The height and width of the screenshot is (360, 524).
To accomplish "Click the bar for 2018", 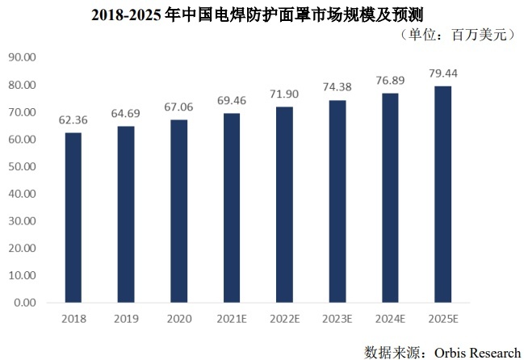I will tap(73, 218).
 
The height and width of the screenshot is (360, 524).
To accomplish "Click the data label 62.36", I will tap(73, 120).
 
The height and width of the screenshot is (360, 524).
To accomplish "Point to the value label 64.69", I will tap(125, 114).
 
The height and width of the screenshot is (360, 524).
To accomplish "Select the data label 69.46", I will tap(231, 101).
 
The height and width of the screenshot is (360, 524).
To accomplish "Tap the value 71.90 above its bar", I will tap(284, 94).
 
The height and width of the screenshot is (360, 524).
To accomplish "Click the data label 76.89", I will tap(390, 80).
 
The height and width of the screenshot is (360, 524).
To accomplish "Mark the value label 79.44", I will tap(443, 73).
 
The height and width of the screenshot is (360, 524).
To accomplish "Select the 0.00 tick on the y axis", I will tap(25, 303).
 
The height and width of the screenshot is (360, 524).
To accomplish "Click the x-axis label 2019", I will tap(125, 318).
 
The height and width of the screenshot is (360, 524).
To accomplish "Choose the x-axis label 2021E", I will tap(231, 318).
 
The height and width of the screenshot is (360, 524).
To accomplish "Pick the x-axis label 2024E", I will tap(390, 318).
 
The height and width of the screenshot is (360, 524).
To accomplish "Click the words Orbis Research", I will tap(476, 351).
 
